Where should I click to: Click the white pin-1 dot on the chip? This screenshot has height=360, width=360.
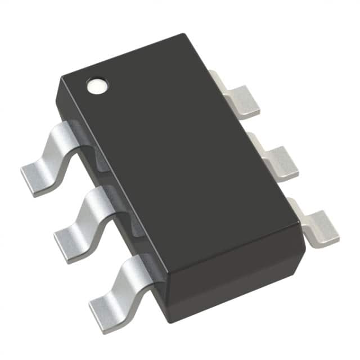[x=96, y=86]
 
